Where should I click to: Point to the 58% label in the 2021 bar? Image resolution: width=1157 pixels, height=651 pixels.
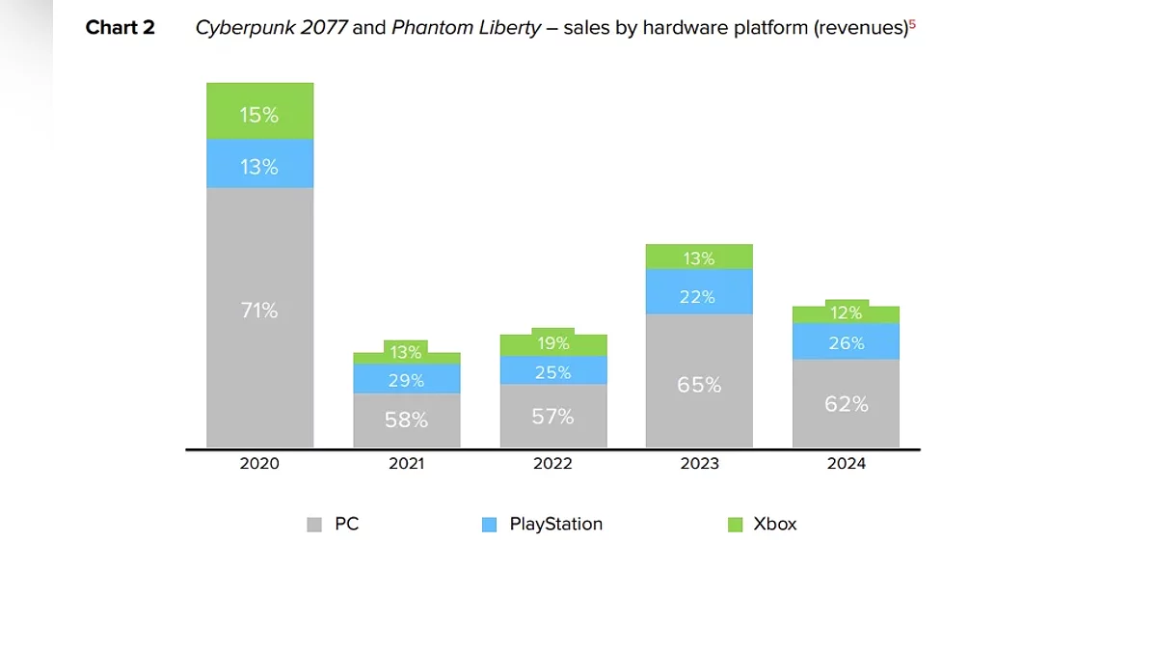[406, 420]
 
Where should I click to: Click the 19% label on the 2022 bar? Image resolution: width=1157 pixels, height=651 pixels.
[552, 343]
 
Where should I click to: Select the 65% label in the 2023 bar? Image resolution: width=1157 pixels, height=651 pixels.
[699, 385]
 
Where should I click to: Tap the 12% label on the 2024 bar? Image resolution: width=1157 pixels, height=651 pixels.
[846, 312]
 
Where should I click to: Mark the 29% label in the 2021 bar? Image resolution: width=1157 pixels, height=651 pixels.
[406, 381]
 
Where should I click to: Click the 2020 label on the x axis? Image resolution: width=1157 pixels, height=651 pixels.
[259, 464]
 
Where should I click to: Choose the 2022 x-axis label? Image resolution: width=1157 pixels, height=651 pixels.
[552, 464]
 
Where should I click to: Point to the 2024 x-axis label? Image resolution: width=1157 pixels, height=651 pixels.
[846, 464]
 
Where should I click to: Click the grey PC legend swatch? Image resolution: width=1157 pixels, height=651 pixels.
[314, 525]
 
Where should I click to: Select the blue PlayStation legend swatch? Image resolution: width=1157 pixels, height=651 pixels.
[490, 525]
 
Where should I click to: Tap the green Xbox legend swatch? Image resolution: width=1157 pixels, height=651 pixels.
[735, 525]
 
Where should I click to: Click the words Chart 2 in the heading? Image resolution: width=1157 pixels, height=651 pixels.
[120, 28]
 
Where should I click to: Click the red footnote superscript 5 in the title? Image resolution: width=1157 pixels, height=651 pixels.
[912, 24]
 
